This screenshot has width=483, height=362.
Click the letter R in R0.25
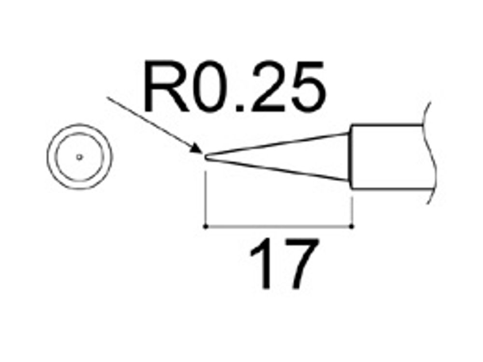pyautogui.click(x=166, y=86)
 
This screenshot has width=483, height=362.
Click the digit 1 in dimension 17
pyautogui.click(x=263, y=264)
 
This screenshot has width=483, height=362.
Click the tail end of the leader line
pyautogui.click(x=107, y=97)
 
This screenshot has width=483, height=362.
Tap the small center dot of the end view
pyautogui.click(x=80, y=157)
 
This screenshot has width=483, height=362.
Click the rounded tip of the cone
pyautogui.click(x=205, y=157)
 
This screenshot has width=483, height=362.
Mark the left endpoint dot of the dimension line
pyautogui.click(x=206, y=226)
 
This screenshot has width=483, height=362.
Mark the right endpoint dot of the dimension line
pyautogui.click(x=352, y=226)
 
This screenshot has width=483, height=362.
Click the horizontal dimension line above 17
pyautogui.click(x=279, y=226)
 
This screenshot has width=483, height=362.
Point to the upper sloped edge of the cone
pyautogui.click(x=278, y=143)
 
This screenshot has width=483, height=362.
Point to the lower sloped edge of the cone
pyautogui.click(x=278, y=169)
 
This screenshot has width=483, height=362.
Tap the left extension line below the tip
pyautogui.click(x=205, y=198)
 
